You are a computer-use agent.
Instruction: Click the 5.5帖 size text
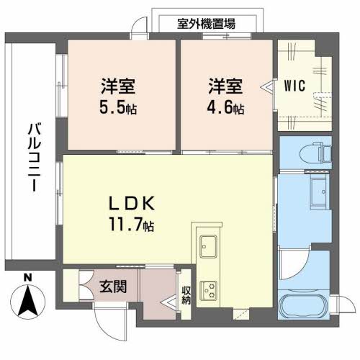119,109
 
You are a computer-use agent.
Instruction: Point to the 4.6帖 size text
225,109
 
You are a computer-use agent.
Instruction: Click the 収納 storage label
186,294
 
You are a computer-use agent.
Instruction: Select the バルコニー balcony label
33,155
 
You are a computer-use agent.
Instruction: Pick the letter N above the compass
27,278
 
